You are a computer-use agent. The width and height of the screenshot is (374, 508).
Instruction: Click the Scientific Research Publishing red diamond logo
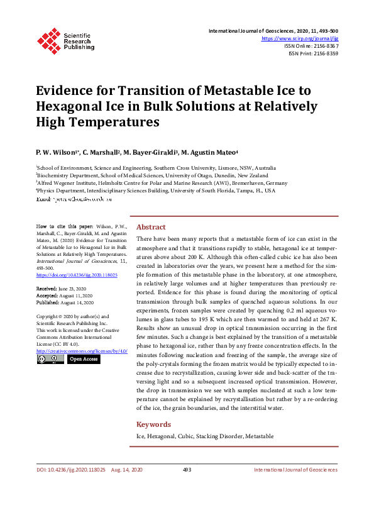pyautogui.click(x=48, y=39)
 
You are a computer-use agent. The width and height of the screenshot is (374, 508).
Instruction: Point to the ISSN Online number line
pyautogui.click(x=312, y=46)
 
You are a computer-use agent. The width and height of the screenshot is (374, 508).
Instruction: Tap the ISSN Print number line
pyautogui.click(x=313, y=53)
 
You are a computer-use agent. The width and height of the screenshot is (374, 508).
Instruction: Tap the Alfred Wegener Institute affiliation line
pyautogui.click(x=162, y=183)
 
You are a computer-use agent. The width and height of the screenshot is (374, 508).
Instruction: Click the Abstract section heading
pyautogui.click(x=151, y=227)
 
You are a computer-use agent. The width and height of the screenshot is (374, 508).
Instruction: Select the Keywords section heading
pyautogui.click(x=154, y=424)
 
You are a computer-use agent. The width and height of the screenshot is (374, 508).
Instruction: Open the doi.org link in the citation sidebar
pyautogui.click(x=77, y=275)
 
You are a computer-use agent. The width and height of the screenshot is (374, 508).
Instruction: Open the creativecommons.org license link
pyautogui.click(x=82, y=350)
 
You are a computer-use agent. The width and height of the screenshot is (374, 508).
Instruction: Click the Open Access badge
pyautogui.click(x=83, y=359)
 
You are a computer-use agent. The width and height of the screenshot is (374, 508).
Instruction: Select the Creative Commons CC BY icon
pyautogui.click(x=50, y=359)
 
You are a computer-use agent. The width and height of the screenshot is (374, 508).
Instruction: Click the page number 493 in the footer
pyautogui.click(x=187, y=470)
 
